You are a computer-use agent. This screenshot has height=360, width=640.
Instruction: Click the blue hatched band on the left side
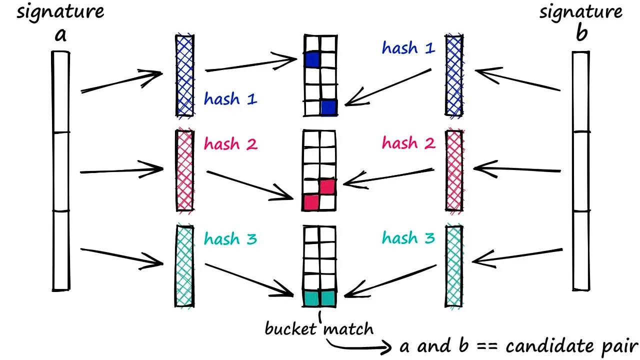184,75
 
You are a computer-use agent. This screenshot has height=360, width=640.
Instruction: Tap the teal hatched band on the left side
184,265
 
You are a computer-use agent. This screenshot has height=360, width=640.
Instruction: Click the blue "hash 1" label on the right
408,48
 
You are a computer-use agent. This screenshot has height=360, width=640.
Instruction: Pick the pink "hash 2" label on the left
230,144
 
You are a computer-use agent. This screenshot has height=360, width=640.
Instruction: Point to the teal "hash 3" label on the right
408,238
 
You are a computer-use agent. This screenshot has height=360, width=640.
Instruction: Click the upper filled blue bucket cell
312,60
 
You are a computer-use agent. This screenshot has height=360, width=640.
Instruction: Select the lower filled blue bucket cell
328,107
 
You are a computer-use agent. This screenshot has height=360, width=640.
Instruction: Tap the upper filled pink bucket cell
327,186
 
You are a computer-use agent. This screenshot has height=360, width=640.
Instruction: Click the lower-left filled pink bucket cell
311,202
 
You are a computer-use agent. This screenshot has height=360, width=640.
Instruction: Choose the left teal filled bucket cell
311,298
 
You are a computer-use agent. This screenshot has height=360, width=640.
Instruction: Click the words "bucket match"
318,329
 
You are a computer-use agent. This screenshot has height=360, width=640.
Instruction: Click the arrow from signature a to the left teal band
122,256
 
